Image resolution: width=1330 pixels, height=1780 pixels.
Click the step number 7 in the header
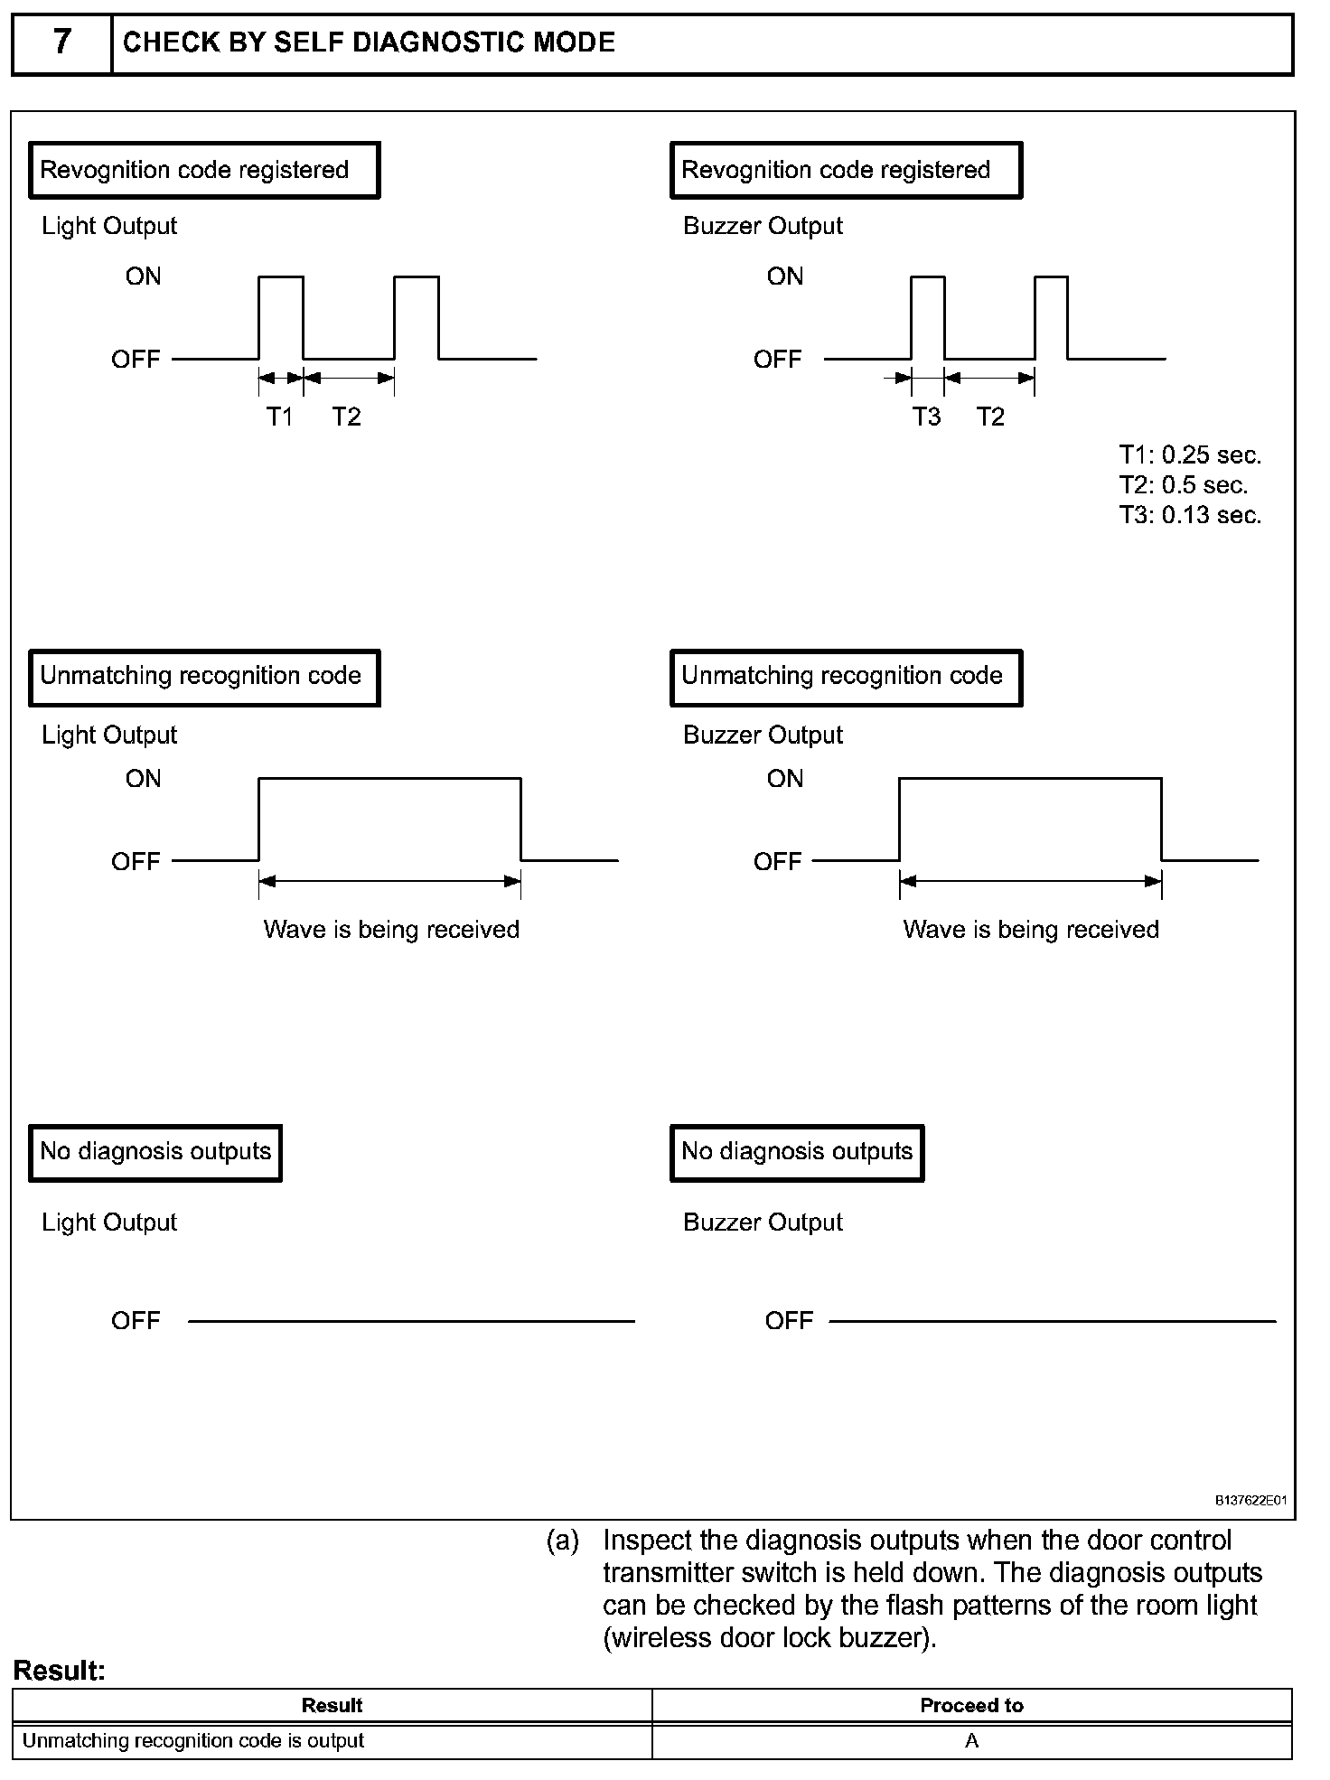[61, 42]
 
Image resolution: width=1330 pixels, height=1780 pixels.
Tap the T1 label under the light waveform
[279, 417]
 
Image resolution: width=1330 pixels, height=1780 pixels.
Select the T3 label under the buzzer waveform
[926, 417]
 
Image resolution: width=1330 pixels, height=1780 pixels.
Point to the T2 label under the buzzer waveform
[990, 417]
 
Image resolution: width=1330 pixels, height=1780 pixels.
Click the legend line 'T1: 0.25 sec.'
[1190, 454]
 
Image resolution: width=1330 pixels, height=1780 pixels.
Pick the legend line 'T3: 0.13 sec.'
[1190, 515]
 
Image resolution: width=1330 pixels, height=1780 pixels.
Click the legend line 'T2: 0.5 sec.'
[1184, 485]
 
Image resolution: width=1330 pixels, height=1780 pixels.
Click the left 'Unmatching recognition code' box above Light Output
[204, 677]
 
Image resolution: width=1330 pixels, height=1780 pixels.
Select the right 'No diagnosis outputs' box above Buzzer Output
[797, 1152]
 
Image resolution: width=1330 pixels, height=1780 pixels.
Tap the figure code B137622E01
[1250, 1501]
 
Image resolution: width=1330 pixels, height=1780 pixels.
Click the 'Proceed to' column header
[971, 1705]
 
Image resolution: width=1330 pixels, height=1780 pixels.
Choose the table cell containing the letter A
[971, 1741]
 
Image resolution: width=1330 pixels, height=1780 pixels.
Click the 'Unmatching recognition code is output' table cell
[193, 1741]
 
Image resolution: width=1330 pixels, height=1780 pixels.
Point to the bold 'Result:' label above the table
[60, 1671]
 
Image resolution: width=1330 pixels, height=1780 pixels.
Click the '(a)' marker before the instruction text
[562, 1541]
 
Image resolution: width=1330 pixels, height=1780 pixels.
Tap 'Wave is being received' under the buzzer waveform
[1030, 930]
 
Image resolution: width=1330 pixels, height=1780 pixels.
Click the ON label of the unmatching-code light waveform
[144, 779]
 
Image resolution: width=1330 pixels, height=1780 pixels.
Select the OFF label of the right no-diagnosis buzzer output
[789, 1321]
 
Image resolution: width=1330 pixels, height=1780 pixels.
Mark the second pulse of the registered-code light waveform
[417, 316]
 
